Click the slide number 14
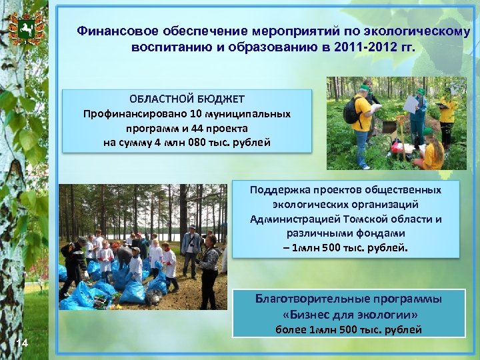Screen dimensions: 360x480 pos(22,343)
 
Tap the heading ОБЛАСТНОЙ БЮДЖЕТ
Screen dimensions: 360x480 pos(187,99)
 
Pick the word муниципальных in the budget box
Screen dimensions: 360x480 pos(253,114)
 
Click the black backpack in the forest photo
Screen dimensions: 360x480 pos(351,111)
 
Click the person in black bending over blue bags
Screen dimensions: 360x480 pos(71,263)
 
